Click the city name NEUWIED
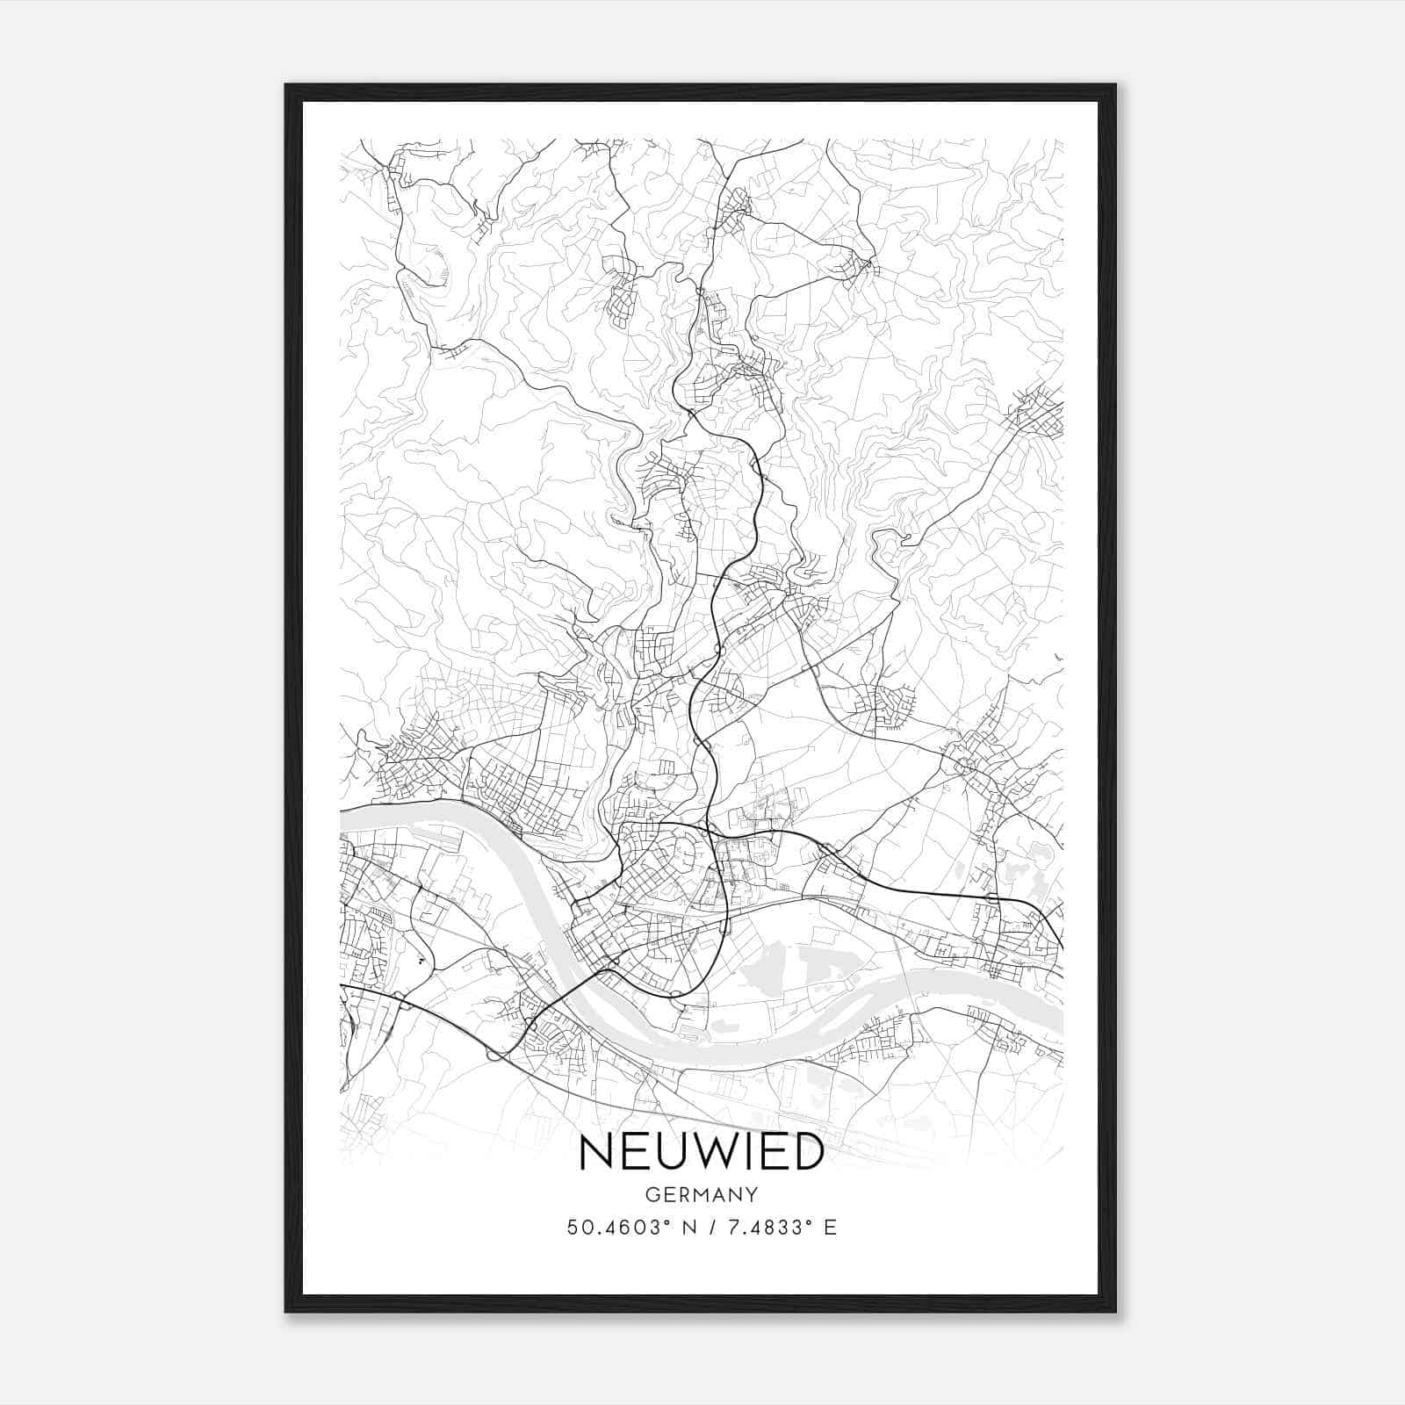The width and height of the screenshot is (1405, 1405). (702, 1152)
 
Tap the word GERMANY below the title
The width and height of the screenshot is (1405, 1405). (702, 1195)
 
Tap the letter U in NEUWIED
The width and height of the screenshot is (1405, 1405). (666, 1152)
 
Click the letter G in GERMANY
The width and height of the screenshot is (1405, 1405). (652, 1195)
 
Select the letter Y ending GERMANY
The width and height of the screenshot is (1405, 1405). (752, 1195)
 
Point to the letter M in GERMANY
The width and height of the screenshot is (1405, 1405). (702, 1195)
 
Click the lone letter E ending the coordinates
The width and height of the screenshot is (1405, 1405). (831, 1228)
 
